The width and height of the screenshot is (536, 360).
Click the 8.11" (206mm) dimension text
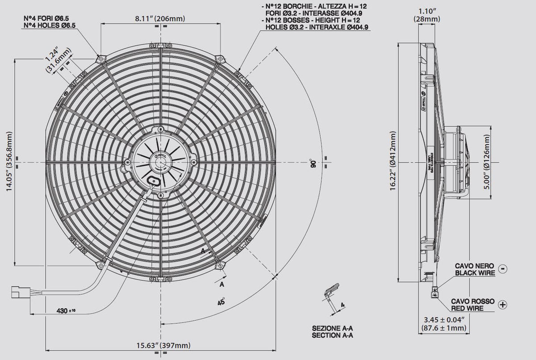(160, 18)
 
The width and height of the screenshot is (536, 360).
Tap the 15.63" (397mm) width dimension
(160, 345)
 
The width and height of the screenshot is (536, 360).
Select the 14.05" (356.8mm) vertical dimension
(9, 161)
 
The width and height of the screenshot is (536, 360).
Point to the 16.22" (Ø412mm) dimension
(392, 161)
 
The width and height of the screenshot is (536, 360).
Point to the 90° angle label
(313, 163)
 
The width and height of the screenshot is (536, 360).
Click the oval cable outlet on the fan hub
(155, 180)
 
